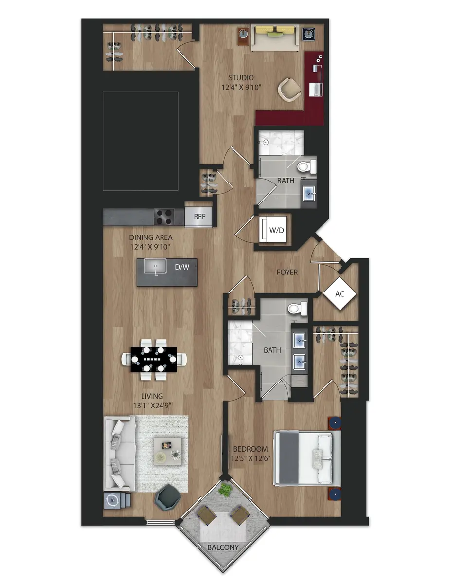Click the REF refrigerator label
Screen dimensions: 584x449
199,217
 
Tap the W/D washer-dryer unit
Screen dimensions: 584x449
276,230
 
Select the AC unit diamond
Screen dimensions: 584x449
340,293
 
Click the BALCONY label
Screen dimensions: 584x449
223,547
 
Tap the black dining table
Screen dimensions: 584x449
154,360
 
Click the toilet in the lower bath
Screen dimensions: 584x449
296,309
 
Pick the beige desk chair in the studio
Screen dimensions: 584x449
290,90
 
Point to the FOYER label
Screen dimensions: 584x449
287,273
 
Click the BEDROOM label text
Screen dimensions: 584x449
251,449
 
